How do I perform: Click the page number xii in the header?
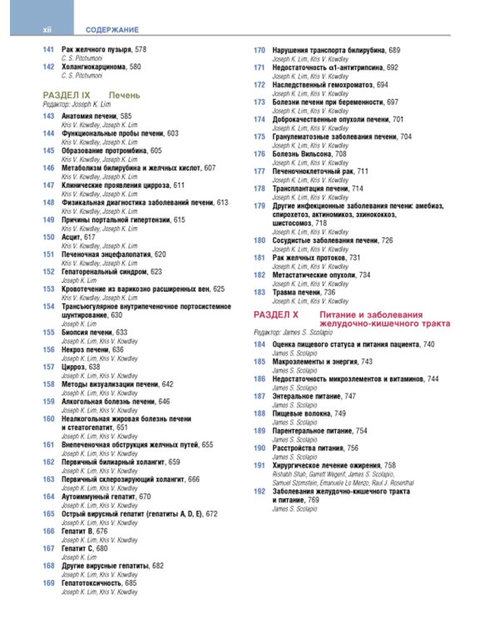tap(48, 29)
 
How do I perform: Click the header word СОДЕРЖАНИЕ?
tap(111, 29)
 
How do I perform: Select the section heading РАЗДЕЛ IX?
tap(72, 97)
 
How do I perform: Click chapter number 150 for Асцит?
tap(48, 237)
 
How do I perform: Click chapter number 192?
tap(259, 492)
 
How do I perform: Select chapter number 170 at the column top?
tap(259, 50)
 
